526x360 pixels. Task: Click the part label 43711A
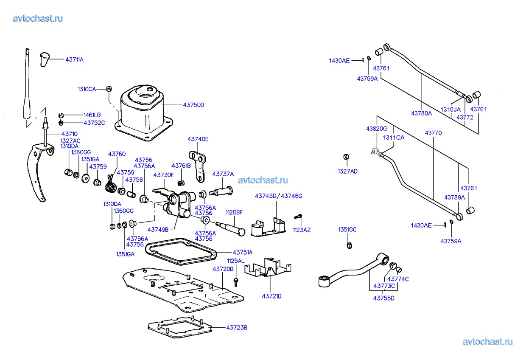point(74,60)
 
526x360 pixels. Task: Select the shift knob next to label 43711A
point(45,59)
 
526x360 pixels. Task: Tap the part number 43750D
point(193,105)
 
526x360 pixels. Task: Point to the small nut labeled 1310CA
point(109,89)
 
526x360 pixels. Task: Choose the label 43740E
point(198,139)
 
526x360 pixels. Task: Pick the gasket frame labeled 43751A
point(180,252)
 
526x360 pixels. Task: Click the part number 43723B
point(237,328)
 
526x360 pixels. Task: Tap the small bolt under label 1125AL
point(236,282)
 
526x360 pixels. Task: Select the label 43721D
point(271,296)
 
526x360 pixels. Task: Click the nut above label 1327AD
point(346,157)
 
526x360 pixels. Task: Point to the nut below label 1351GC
point(349,245)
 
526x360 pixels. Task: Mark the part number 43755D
point(384,298)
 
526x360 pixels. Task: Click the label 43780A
point(422,113)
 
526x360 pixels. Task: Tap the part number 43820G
point(377,129)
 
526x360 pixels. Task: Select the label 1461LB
point(92,115)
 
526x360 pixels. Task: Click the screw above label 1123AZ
point(298,217)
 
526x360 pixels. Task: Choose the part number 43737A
point(223,174)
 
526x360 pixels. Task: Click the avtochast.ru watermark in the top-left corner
point(38,19)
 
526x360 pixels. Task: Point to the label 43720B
point(223,269)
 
